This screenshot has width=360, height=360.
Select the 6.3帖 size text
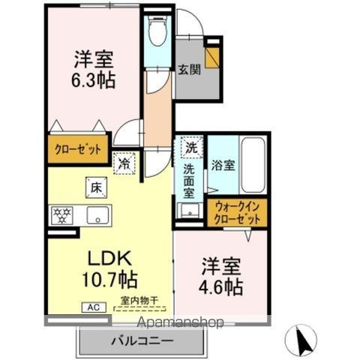pyautogui.click(x=94, y=79)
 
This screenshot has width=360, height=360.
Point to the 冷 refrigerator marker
pyautogui.click(x=122, y=160)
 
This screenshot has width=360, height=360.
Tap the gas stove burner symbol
pyautogui.click(x=61, y=215)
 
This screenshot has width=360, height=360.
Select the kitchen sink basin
pyautogui.click(x=97, y=216)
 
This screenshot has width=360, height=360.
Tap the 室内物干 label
pyautogui.click(x=139, y=302)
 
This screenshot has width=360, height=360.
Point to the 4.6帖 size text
pyautogui.click(x=220, y=286)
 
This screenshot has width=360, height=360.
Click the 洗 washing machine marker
pyautogui.click(x=191, y=148)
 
